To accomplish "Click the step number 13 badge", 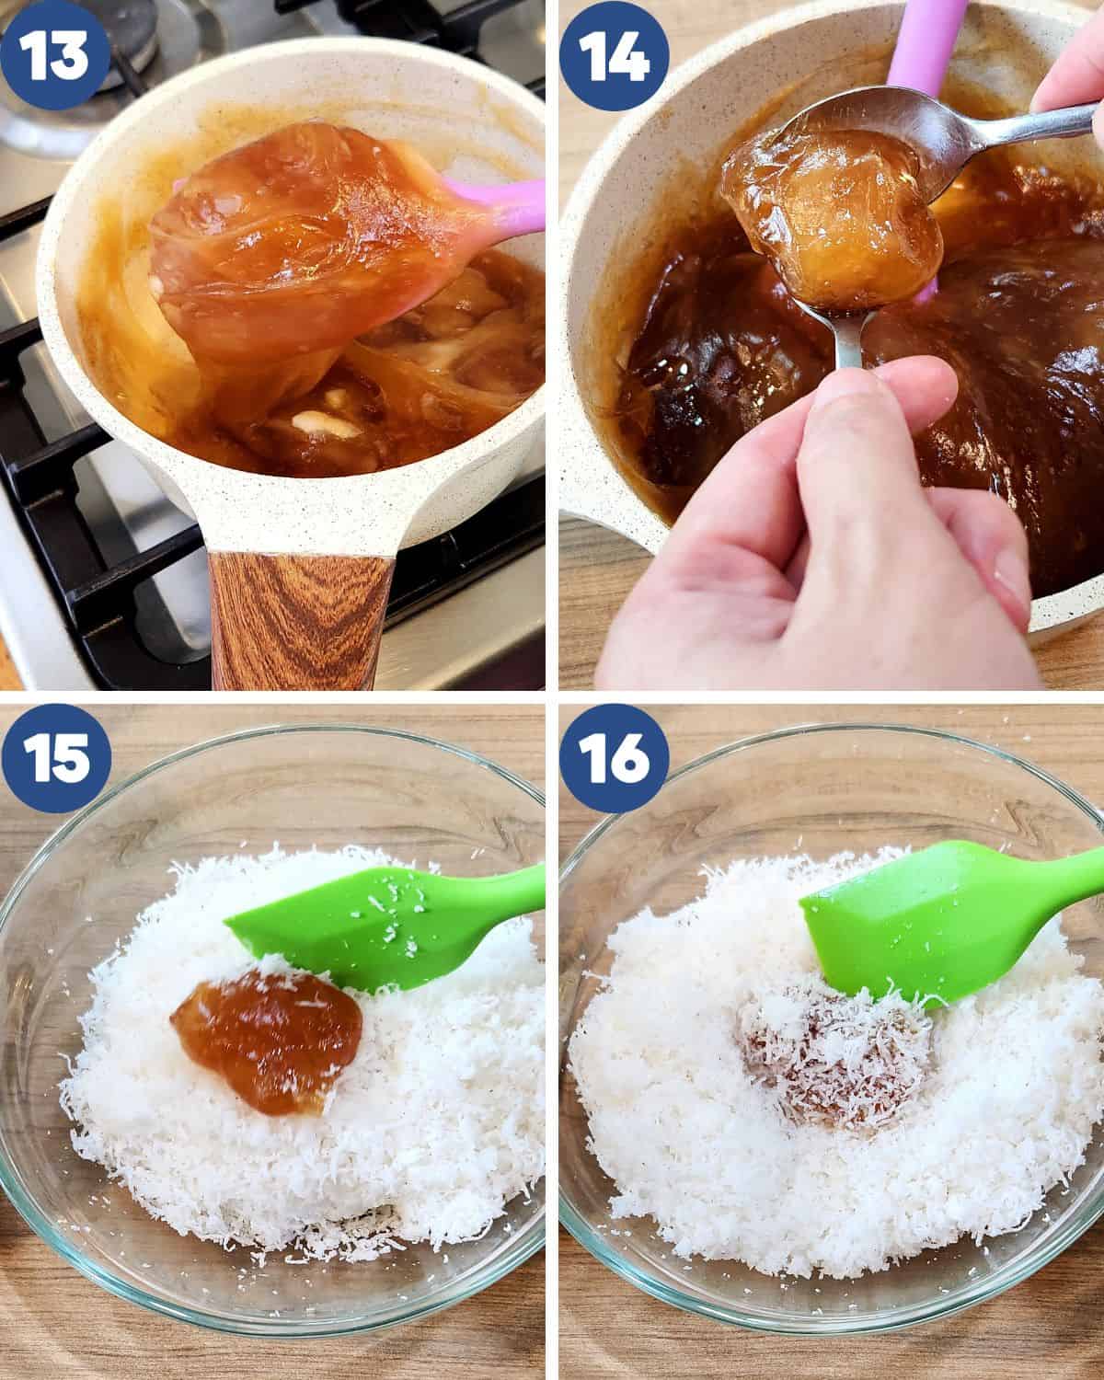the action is (x=54, y=54).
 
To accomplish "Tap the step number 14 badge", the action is (x=614, y=54).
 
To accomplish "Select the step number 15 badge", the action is (x=56, y=758).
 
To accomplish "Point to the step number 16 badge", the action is (x=614, y=758).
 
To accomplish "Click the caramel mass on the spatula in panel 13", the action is (x=302, y=231).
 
